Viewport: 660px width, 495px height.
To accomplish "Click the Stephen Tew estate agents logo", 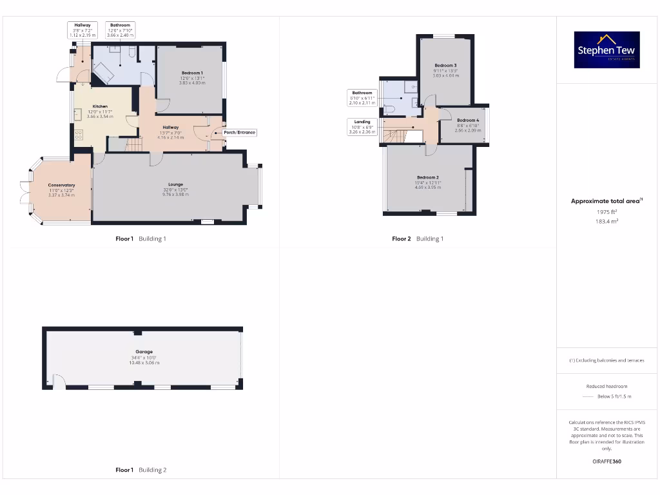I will coord(607,50).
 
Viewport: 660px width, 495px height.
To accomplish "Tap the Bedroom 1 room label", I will coord(191,73).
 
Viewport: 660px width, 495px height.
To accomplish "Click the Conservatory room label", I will coord(61,186).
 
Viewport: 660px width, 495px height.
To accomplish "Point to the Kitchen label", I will coord(100,106).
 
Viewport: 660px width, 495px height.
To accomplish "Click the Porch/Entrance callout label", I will coord(239,133).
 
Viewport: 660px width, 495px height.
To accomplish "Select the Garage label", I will coord(144,352).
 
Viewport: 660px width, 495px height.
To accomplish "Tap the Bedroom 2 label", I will coord(427,177).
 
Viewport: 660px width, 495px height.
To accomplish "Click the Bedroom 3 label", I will coord(445,66).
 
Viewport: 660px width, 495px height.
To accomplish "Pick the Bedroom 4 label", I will coord(468,121).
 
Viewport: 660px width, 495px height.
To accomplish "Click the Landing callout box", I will coord(362,126).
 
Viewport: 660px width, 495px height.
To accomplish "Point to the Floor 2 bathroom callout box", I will coord(362,97).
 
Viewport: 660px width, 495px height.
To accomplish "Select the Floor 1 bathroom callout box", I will coord(120,30).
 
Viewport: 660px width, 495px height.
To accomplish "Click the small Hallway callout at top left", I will coord(82,30).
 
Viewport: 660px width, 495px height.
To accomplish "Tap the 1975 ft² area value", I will coord(606,211).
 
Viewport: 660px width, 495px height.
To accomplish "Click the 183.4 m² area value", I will coord(606,221).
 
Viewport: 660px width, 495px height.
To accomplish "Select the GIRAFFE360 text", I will coord(606,461).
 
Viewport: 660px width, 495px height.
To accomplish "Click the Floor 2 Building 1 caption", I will coord(418,239).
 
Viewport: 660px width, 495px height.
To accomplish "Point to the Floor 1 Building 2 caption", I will coord(141,470).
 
